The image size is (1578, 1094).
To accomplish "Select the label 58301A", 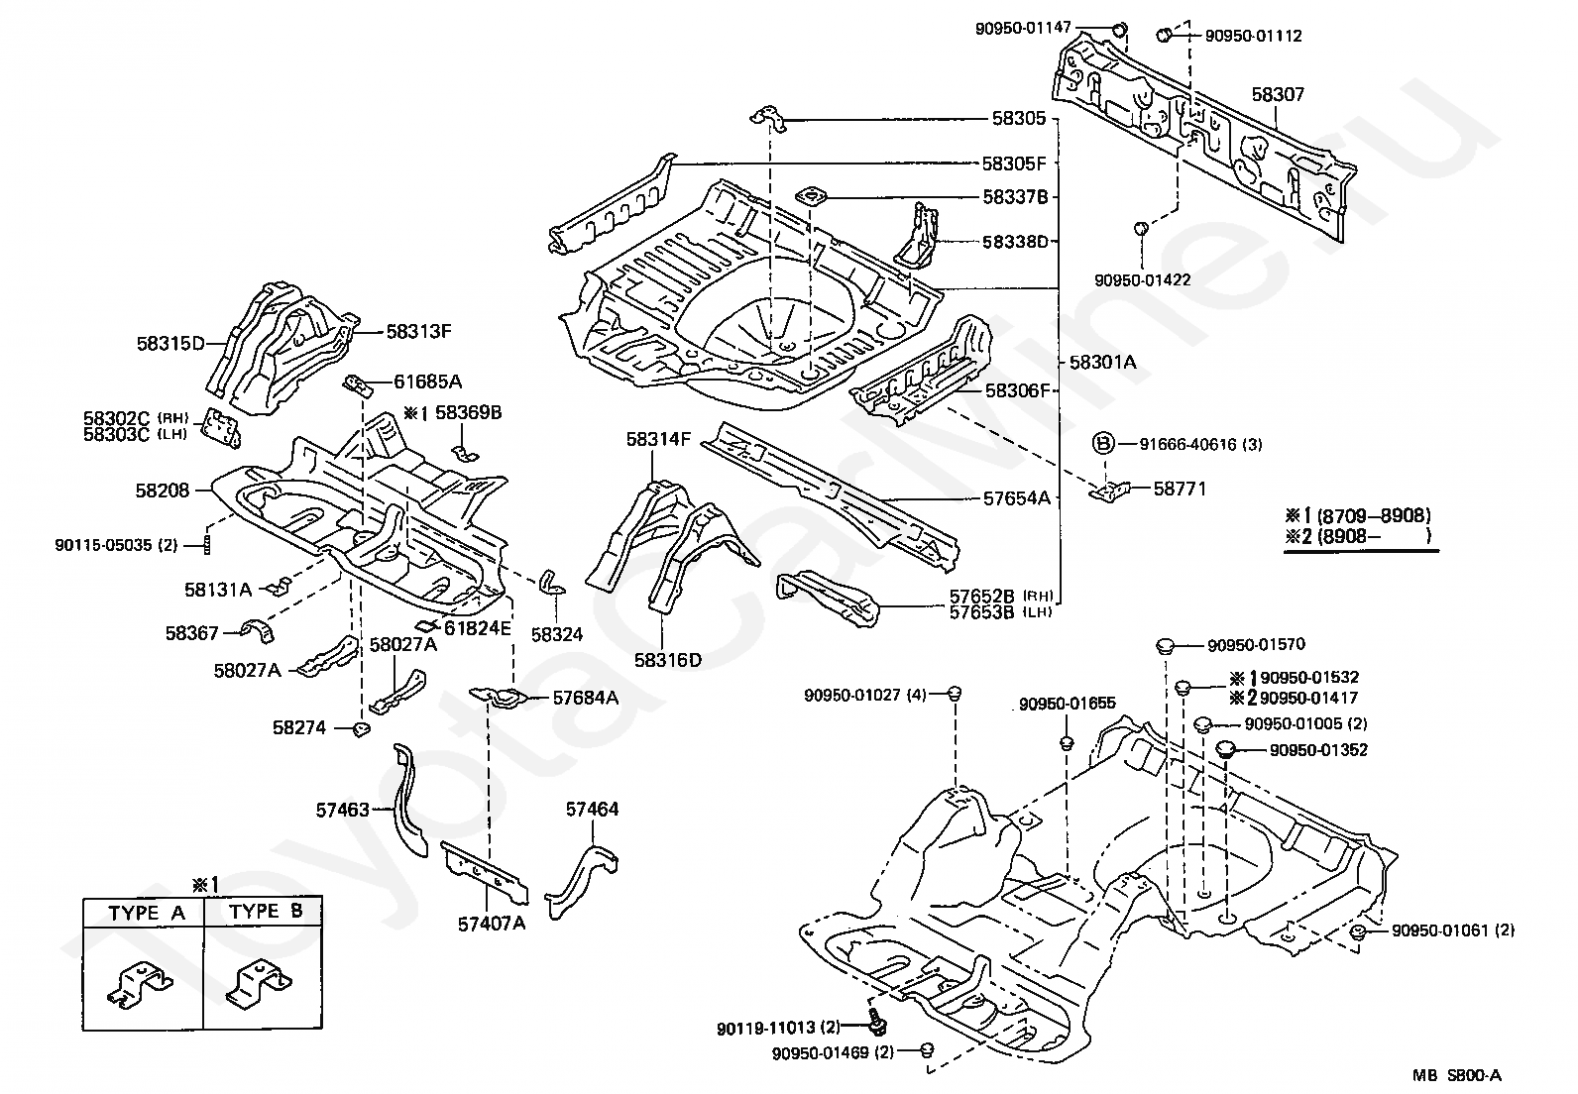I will coord(1102,363).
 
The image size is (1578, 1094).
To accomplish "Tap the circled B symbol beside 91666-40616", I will coord(1103,444).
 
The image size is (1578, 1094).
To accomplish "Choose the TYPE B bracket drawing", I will coord(261,984).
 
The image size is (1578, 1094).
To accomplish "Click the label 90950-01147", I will coord(1023,28).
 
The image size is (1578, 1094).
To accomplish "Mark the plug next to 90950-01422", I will coord(1140,230).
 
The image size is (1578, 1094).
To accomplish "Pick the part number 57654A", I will coord(1016,498).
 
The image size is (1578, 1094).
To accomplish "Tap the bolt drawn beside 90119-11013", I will coord(876,1020).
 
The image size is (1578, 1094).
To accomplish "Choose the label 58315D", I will coord(169,344).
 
